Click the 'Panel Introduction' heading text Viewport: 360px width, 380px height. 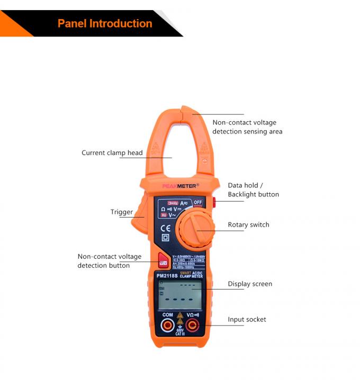click(x=105, y=23)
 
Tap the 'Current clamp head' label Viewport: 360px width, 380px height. click(x=112, y=153)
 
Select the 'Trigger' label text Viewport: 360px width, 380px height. click(x=122, y=212)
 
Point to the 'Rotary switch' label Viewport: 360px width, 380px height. click(x=248, y=225)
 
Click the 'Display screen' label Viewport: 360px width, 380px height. click(x=250, y=284)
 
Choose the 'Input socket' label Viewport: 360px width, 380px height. click(x=247, y=320)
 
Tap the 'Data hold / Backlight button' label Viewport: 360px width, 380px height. click(x=253, y=190)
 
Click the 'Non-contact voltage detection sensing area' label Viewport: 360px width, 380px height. click(x=247, y=127)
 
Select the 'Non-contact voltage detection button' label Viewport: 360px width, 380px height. click(x=110, y=261)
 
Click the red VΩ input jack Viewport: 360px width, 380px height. click(x=193, y=325)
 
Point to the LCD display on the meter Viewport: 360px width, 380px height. click(x=180, y=295)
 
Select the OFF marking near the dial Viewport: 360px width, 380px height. click(x=197, y=202)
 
